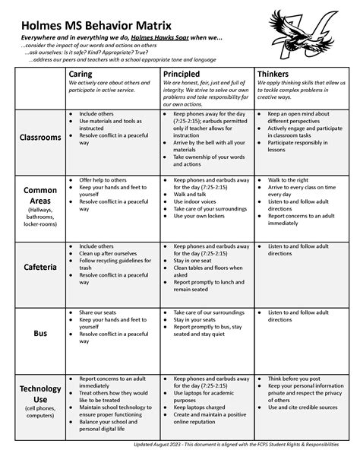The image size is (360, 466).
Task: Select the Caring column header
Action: [x=82, y=73]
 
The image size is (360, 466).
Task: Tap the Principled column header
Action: [x=184, y=73]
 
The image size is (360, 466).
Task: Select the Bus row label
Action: [x=40, y=333]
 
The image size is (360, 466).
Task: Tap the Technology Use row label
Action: [x=40, y=395]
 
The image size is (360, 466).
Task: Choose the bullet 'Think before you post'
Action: [x=296, y=378]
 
